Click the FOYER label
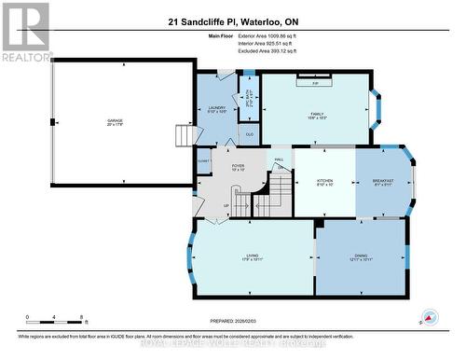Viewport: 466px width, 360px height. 238,168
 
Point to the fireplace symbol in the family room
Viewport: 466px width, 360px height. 316,83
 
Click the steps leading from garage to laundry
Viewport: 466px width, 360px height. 185,137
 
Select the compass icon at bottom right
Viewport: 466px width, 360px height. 430,318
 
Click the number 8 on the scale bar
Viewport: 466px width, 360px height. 84,317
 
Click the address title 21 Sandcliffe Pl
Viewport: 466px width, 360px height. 233,21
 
